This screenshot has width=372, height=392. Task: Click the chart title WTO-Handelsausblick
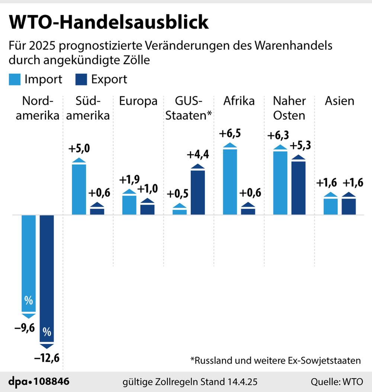[x=109, y=23]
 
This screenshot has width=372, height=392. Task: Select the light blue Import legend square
[x=15, y=79]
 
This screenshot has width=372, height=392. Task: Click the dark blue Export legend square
[x=81, y=79]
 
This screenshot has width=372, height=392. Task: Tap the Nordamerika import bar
[x=29, y=264]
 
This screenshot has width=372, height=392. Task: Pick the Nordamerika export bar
[x=47, y=279]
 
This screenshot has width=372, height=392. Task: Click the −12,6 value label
[x=47, y=359]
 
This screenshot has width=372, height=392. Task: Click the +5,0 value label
[x=78, y=150]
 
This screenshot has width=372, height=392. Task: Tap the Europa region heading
[x=138, y=101]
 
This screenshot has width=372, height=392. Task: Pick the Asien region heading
[x=339, y=101]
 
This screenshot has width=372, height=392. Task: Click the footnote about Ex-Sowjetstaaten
[x=275, y=360]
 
